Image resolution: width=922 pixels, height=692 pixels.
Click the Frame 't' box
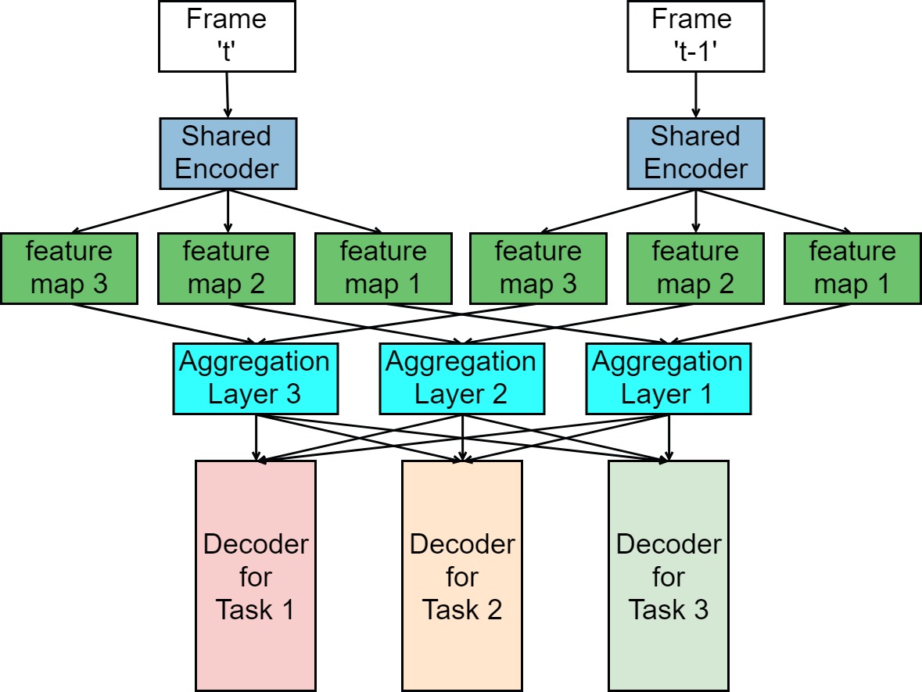227,35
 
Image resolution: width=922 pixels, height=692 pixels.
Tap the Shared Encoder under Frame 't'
227,153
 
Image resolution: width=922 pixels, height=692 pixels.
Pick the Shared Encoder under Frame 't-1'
696,153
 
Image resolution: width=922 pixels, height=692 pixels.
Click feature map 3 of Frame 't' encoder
70,268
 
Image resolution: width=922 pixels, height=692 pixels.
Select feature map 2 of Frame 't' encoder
227,268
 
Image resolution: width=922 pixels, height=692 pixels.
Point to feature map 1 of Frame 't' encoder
383,268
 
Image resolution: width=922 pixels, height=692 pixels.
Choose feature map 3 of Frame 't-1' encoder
539,268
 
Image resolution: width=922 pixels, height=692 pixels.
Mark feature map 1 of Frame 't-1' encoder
852,268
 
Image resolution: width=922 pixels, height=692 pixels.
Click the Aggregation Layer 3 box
255,379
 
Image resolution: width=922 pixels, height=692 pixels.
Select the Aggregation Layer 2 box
461,379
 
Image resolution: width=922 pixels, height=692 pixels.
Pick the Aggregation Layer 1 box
668,379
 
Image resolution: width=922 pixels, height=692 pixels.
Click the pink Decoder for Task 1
255,575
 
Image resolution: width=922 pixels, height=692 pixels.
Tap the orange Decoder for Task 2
461,575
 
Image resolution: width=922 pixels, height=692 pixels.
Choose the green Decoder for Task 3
668,575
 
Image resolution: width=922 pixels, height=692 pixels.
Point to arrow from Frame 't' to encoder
227,94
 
